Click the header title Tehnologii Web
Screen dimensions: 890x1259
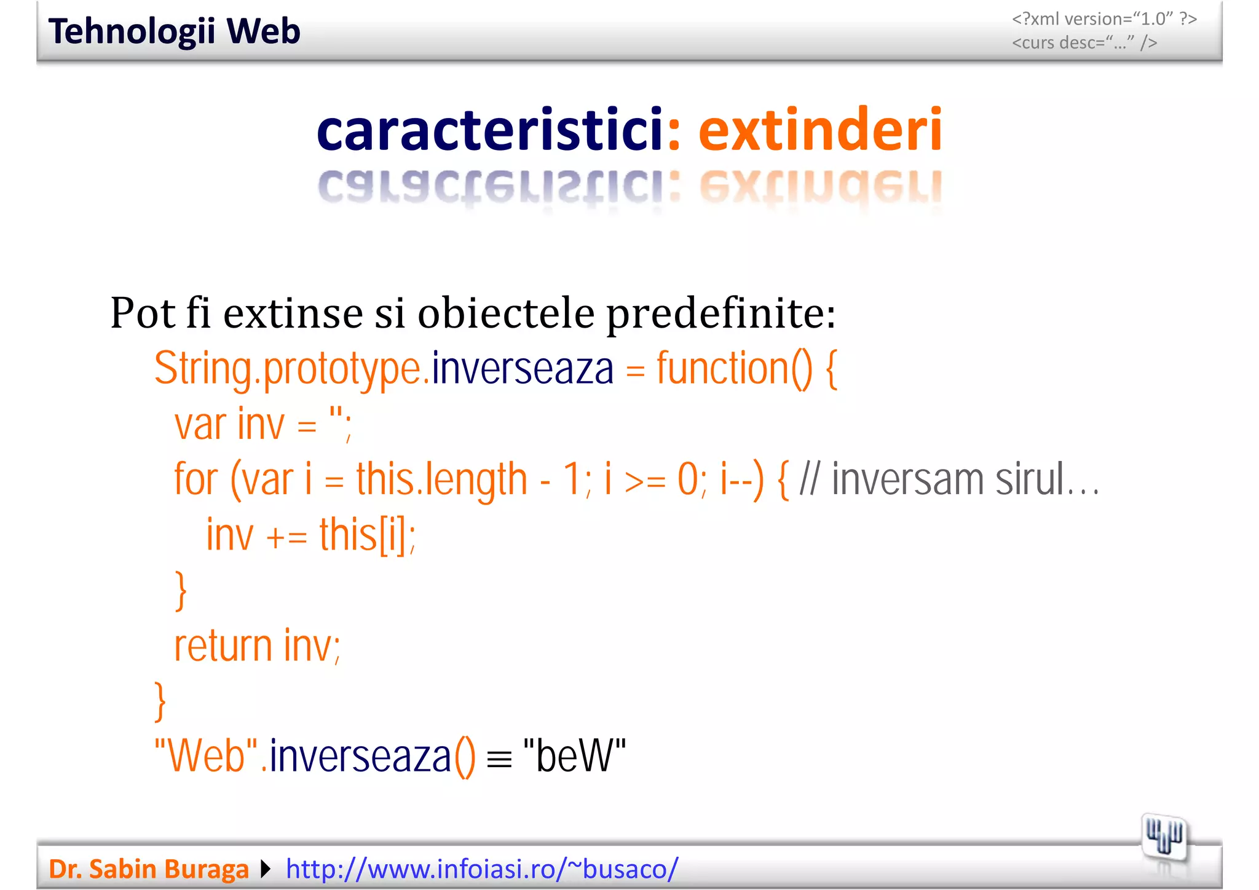tap(174, 32)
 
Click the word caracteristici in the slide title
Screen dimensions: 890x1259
tap(489, 130)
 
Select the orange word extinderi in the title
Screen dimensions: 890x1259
tap(820, 130)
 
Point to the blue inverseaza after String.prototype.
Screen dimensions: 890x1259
tap(523, 369)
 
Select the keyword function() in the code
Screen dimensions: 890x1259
tap(734, 369)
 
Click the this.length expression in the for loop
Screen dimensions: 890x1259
tap(441, 480)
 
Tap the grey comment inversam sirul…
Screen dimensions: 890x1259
tap(965, 480)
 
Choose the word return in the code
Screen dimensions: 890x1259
tap(223, 646)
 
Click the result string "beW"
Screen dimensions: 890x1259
tap(574, 756)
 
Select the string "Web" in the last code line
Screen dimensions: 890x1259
tap(207, 756)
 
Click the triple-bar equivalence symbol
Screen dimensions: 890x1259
tap(499, 760)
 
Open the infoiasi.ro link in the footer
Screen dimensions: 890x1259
tap(482, 869)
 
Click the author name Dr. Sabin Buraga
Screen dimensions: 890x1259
tap(149, 869)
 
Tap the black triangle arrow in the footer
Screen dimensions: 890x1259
tap(266, 869)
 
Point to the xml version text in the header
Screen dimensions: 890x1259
tap(1104, 19)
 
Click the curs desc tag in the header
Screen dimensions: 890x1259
tap(1084, 43)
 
